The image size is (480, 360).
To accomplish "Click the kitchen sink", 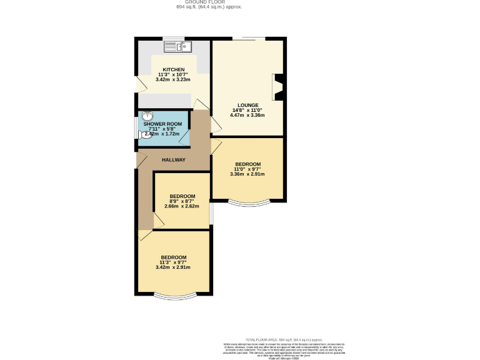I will point(179,46).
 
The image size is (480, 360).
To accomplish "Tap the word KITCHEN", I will point(173,69).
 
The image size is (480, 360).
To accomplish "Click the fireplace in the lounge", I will point(278,87).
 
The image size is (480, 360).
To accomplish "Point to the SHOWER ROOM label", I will point(162,124).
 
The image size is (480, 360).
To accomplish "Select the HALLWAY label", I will point(174,160).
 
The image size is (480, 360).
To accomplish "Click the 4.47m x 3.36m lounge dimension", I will point(247,115).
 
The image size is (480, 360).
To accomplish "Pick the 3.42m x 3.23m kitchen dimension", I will point(173,79).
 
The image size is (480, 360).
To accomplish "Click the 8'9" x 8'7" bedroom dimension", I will point(181,201).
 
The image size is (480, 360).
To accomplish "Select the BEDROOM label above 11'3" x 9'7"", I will point(173,257).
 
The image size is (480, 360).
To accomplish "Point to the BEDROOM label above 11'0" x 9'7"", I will point(247,164).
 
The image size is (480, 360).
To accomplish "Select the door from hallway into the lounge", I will point(215,125).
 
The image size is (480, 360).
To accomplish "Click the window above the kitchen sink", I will point(174,39).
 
